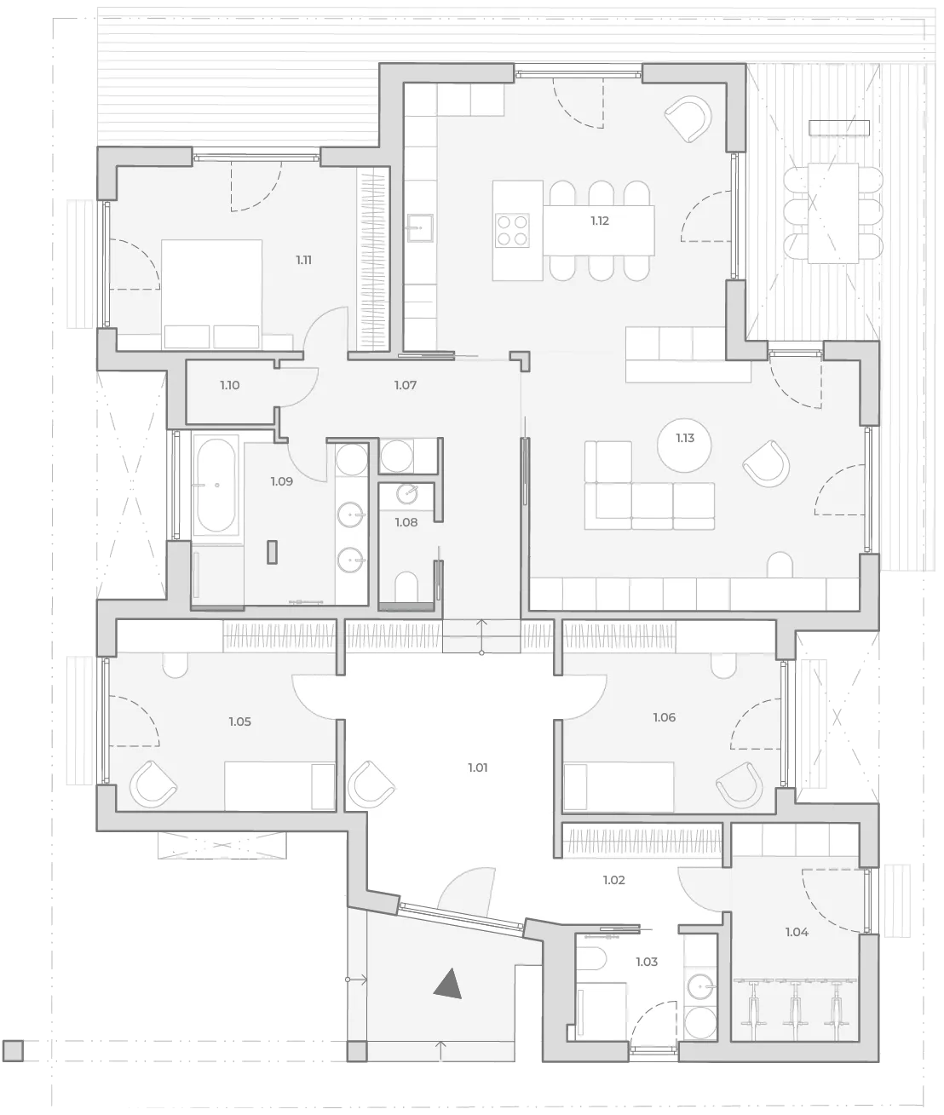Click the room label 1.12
click(599, 221)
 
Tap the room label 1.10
click(230, 385)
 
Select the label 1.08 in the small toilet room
click(406, 522)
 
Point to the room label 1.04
click(797, 932)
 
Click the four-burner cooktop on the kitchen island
click(512, 230)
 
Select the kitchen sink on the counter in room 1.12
click(420, 227)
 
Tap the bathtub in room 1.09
click(216, 485)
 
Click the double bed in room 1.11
click(211, 295)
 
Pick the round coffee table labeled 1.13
click(684, 445)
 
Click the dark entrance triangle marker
click(449, 983)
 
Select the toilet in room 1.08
click(406, 587)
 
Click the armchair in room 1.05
click(153, 785)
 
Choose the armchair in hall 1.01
click(371, 785)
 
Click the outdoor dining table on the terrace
click(833, 213)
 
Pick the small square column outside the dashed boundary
click(13, 1051)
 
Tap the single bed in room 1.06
click(619, 786)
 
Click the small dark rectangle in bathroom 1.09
click(273, 552)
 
